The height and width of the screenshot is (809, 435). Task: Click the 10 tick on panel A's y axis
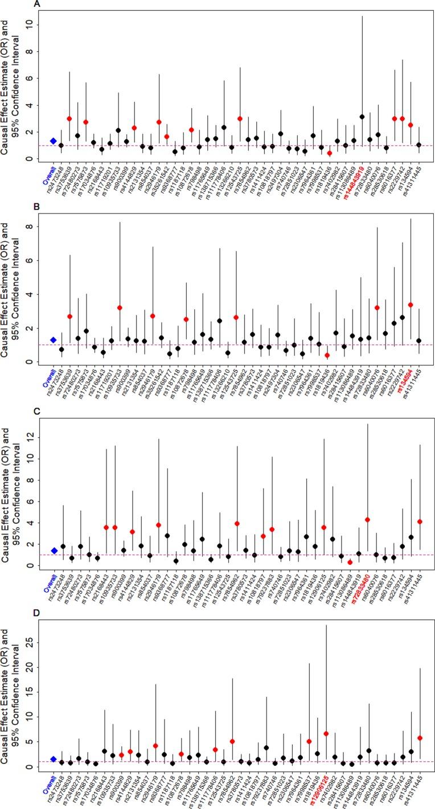click(35, 25)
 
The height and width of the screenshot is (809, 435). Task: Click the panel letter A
click(36, 4)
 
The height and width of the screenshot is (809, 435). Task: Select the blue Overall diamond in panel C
click(53, 551)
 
